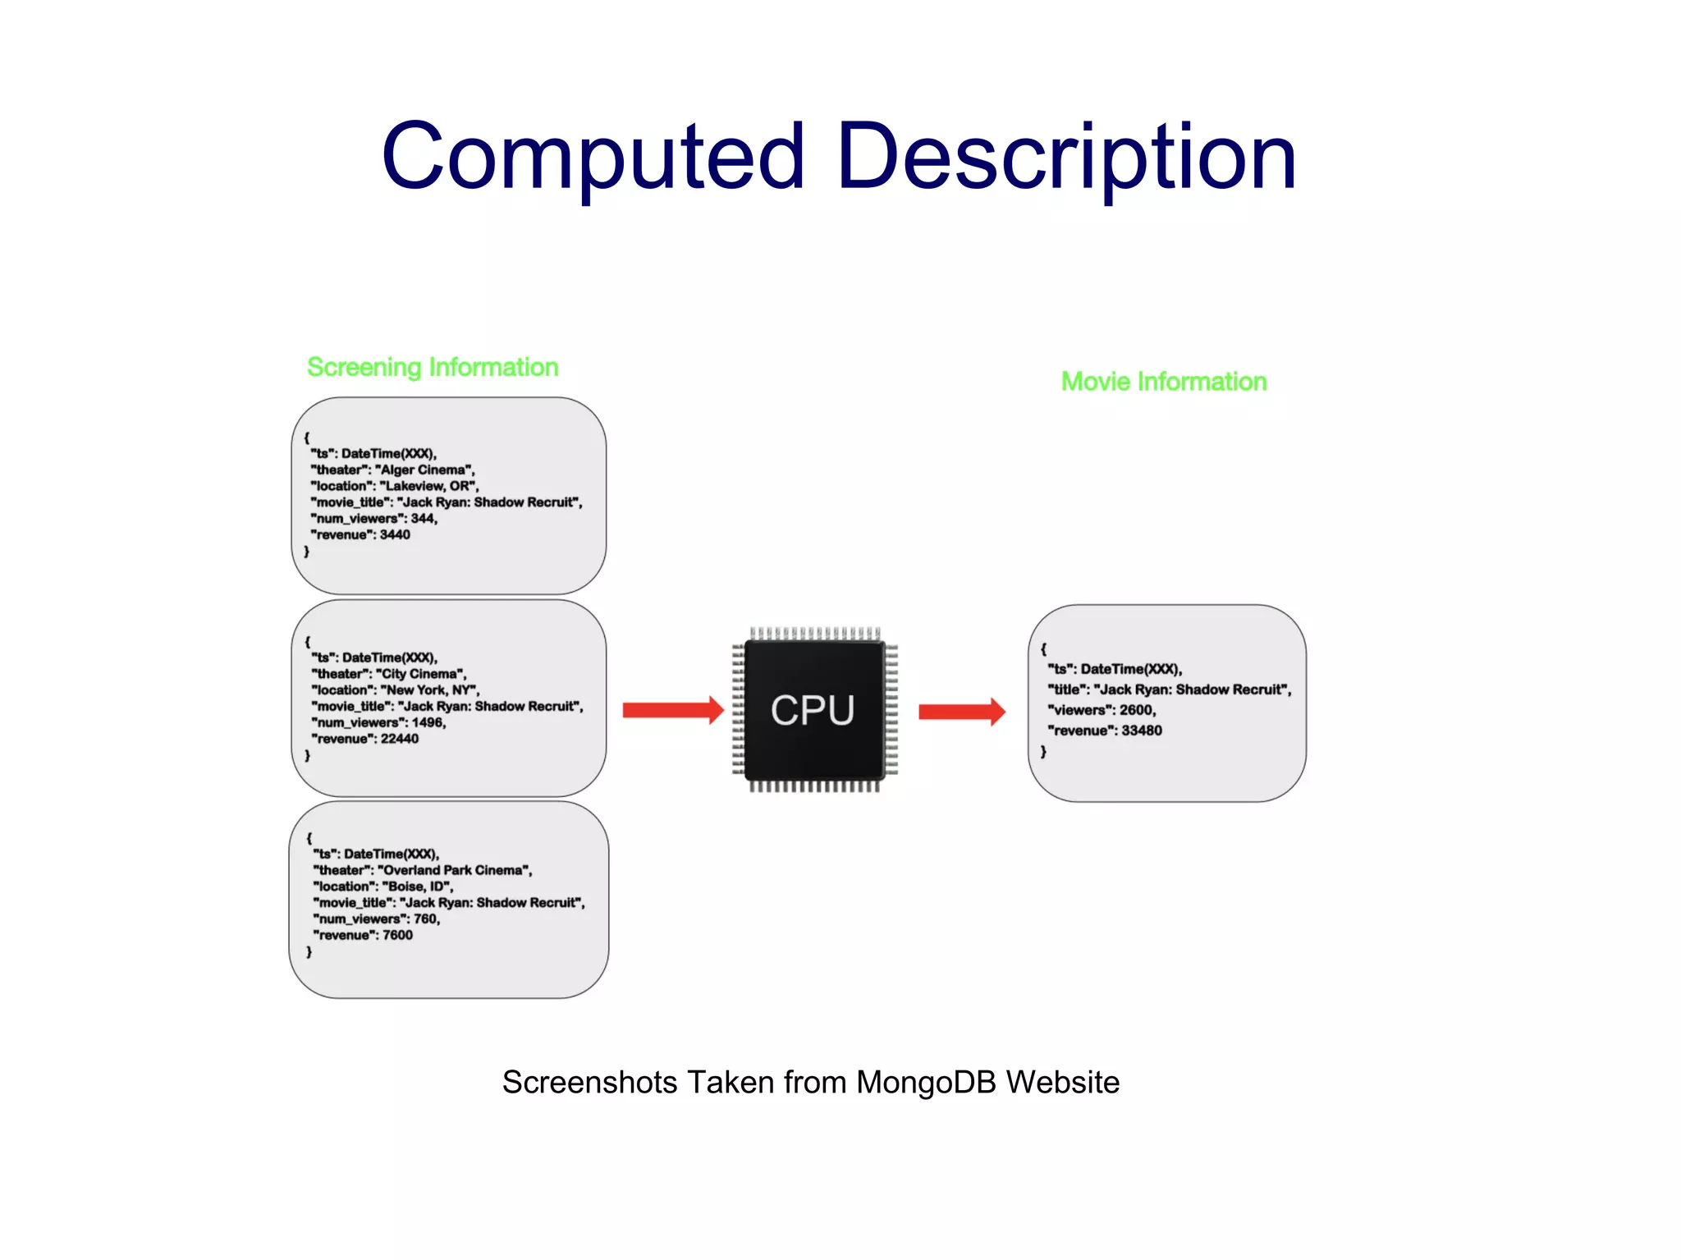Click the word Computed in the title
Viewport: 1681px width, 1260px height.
point(593,156)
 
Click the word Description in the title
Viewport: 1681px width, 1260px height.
point(1066,156)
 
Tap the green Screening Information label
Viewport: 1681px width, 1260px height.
point(433,367)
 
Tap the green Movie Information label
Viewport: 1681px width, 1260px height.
point(1164,382)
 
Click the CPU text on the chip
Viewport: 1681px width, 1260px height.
point(813,710)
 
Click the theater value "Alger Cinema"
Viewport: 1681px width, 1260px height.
point(424,470)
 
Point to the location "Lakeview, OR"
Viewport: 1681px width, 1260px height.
point(428,486)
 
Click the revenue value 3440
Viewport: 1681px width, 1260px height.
point(395,535)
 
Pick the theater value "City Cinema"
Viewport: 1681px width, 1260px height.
point(420,674)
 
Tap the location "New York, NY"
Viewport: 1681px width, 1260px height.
point(429,690)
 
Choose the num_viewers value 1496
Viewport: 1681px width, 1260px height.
point(428,723)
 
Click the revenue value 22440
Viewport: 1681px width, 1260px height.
point(399,739)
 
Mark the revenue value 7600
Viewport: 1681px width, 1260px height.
point(397,935)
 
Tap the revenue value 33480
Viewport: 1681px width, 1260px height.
point(1141,731)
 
